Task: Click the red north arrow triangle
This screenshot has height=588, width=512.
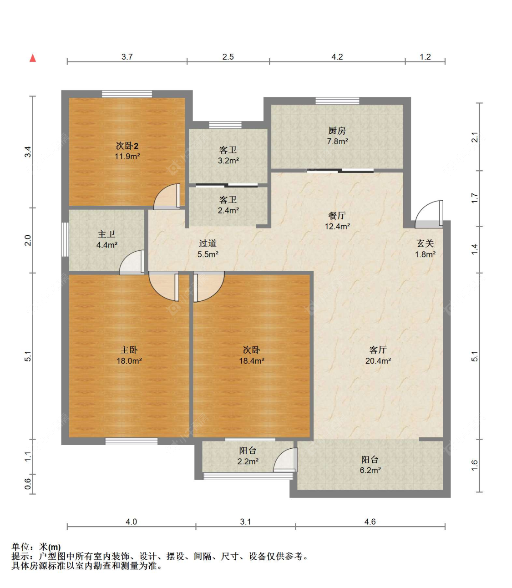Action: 33,58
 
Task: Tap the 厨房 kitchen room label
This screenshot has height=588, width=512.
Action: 337,131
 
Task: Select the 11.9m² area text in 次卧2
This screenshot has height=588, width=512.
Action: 127,157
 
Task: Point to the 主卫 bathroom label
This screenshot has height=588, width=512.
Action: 106,234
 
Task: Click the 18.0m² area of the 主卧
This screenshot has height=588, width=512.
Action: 129,361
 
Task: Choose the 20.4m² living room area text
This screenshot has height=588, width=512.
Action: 378,361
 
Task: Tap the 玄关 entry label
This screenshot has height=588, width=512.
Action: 425,243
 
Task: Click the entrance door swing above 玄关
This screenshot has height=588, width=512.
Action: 429,214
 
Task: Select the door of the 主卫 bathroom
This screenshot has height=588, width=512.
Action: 132,263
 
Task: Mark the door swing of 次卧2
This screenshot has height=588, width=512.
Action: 167,197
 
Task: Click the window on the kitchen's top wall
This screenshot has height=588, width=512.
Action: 337,101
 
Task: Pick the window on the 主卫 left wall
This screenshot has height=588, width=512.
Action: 65,239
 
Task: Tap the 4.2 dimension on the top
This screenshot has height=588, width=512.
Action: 337,56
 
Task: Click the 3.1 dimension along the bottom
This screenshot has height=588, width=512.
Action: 245,522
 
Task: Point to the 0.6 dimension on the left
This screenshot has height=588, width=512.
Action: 28,484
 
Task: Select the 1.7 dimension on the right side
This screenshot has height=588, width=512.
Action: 475,198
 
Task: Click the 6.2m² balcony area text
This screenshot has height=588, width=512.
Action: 370,471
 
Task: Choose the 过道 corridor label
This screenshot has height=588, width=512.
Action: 208,243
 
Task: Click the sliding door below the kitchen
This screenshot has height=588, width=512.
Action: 340,171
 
